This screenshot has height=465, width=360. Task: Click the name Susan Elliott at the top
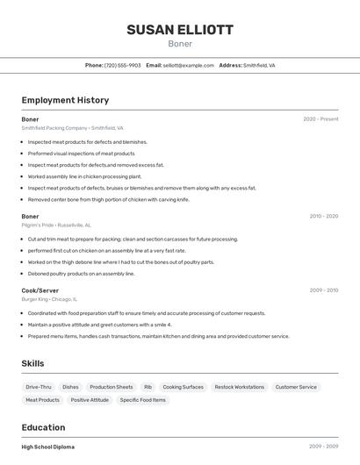point(180,29)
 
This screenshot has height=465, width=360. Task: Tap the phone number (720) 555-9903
point(122,65)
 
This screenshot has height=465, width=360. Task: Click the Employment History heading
point(65,100)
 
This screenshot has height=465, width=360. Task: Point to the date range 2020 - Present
point(320,119)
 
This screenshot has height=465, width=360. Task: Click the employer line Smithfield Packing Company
point(72,128)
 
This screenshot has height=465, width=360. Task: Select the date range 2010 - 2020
point(323,216)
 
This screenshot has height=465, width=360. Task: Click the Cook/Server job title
point(40,290)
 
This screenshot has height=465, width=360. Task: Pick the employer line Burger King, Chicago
point(53,299)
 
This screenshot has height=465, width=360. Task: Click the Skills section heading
point(32,363)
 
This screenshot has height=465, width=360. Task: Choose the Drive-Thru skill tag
point(39,387)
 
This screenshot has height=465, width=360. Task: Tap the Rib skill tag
point(148,387)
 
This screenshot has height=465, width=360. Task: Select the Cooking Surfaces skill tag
point(183,387)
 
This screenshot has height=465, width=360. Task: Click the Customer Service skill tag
point(296,387)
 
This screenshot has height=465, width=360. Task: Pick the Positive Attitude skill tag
point(90,400)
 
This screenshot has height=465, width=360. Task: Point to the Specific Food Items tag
point(142,400)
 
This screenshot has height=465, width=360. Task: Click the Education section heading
point(45,427)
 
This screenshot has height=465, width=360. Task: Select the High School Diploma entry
point(48,447)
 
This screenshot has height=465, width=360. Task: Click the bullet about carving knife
point(108,199)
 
